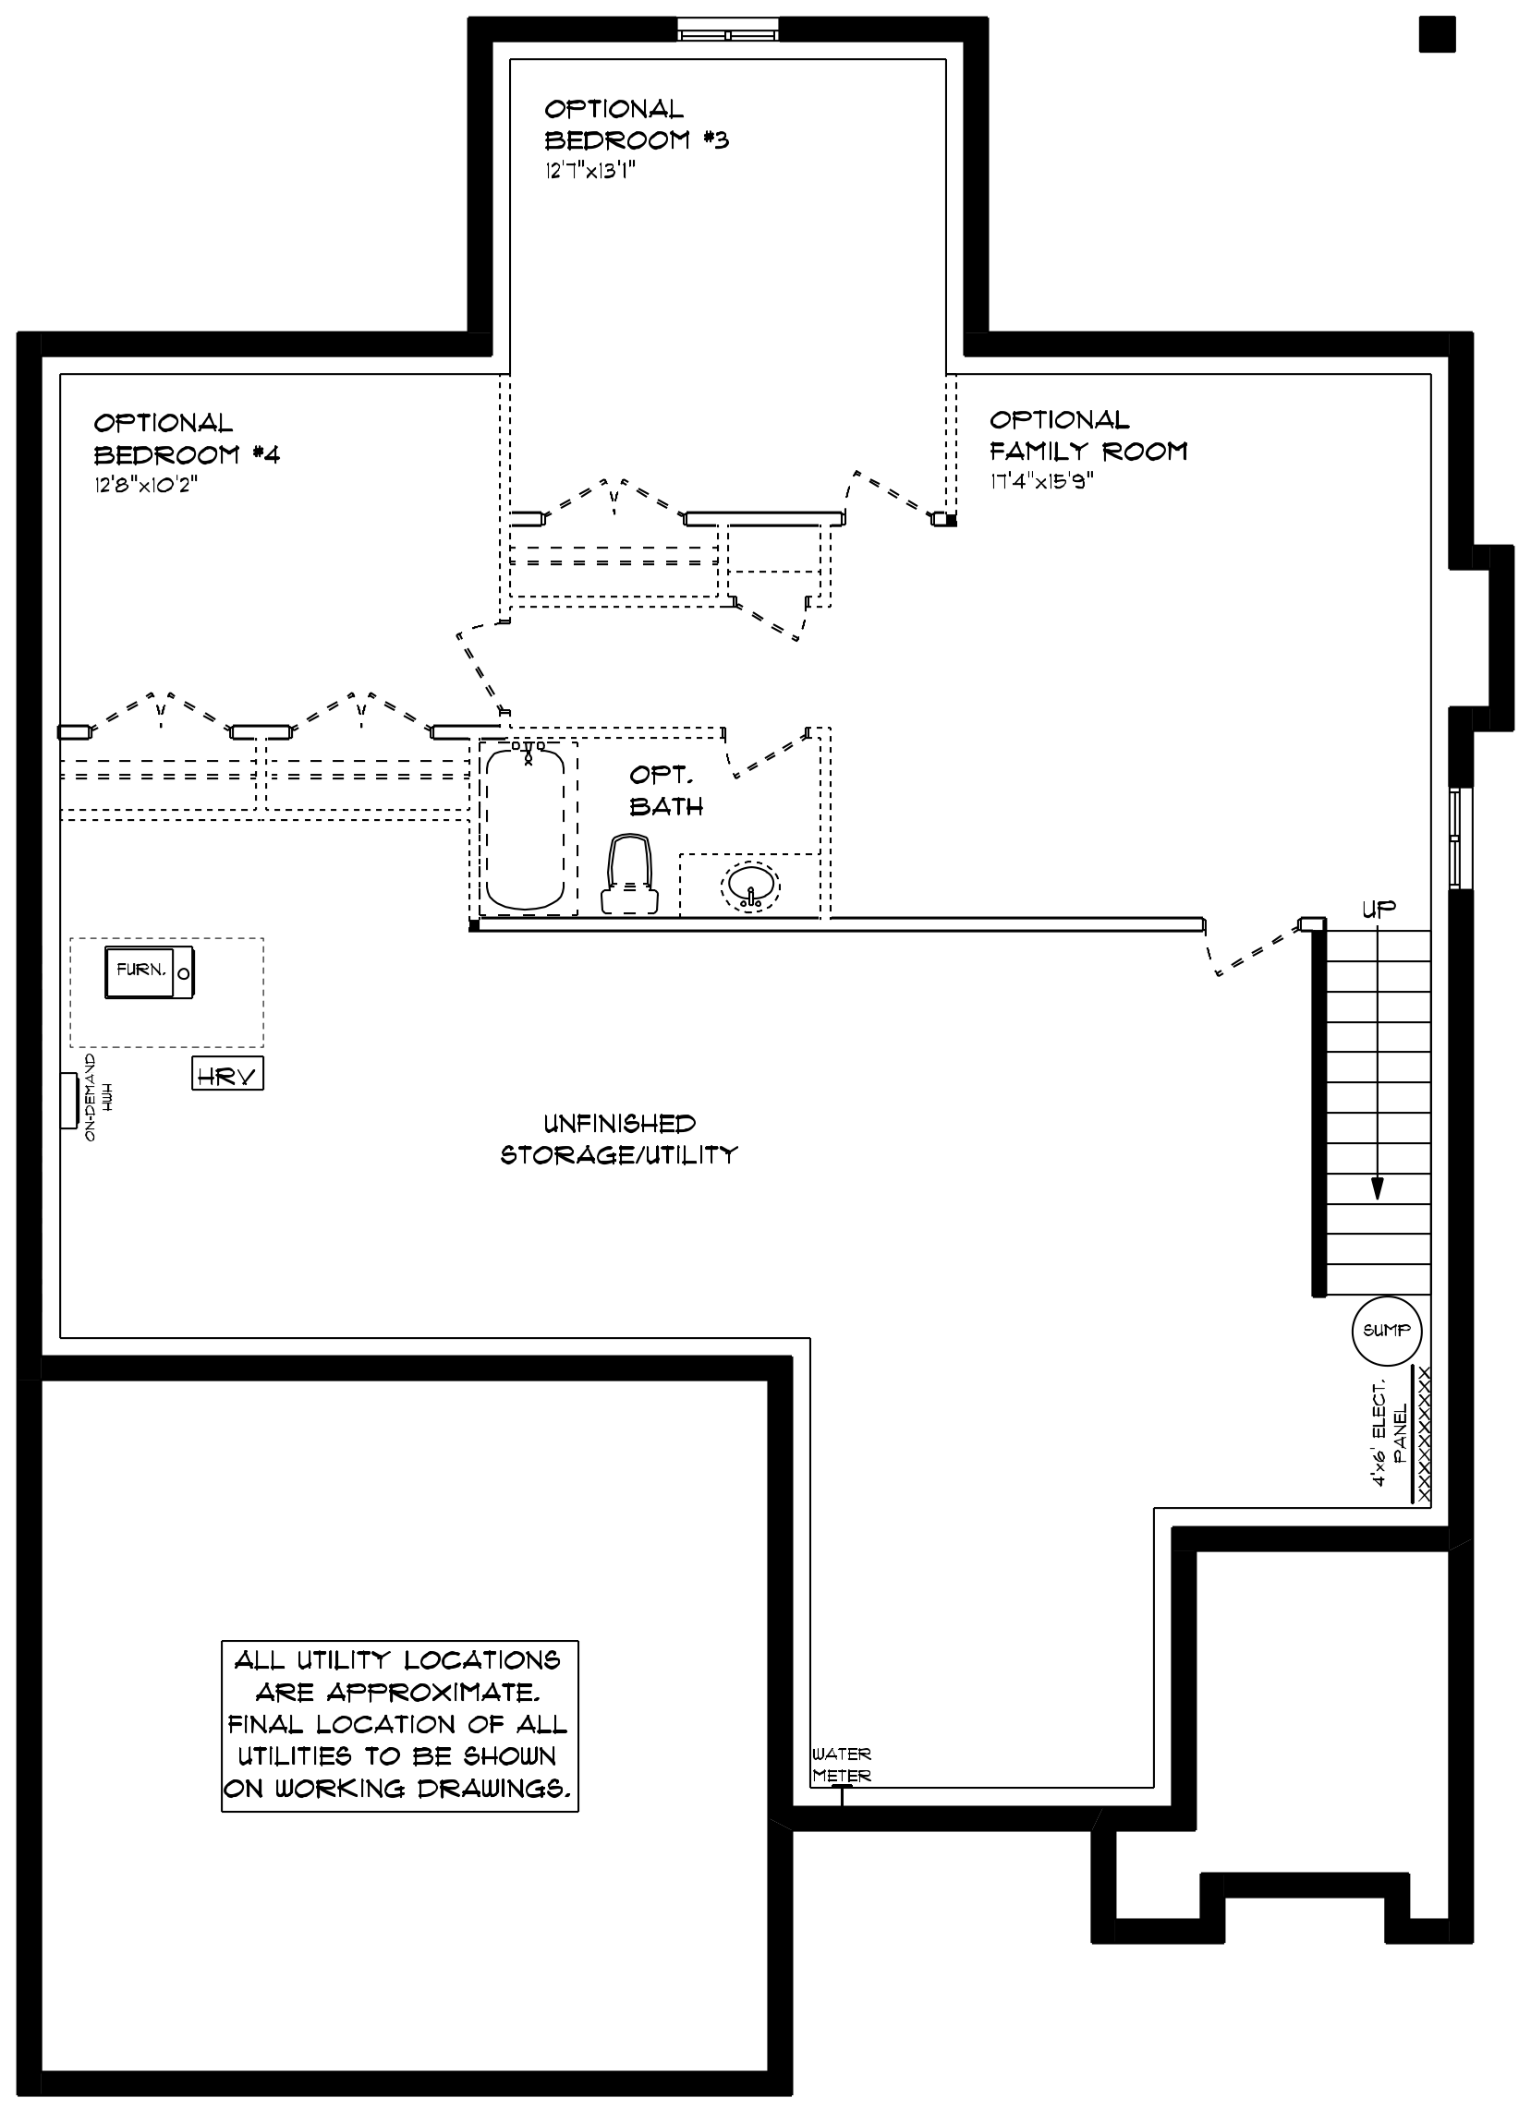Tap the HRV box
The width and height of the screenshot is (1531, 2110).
(227, 1074)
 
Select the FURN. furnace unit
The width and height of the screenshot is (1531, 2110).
(149, 972)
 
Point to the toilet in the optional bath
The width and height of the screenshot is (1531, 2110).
(630, 874)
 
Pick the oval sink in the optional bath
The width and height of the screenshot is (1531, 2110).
(751, 885)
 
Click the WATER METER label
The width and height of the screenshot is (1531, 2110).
(842, 1765)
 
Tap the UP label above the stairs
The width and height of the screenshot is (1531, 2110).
(1379, 909)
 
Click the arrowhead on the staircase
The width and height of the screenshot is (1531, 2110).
(1378, 1189)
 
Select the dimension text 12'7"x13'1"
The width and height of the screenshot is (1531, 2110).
(591, 171)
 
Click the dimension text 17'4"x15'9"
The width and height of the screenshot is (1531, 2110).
(1041, 481)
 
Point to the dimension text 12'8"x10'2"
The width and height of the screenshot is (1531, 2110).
(146, 485)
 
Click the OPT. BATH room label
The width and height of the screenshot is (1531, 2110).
(665, 790)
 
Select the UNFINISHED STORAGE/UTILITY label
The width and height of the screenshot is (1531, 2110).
(619, 1139)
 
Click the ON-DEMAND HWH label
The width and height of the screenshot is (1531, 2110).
(98, 1098)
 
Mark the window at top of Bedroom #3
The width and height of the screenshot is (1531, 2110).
(728, 30)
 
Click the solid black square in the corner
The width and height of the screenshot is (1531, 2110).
(1437, 35)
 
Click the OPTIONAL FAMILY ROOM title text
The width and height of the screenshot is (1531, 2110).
(1088, 436)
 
